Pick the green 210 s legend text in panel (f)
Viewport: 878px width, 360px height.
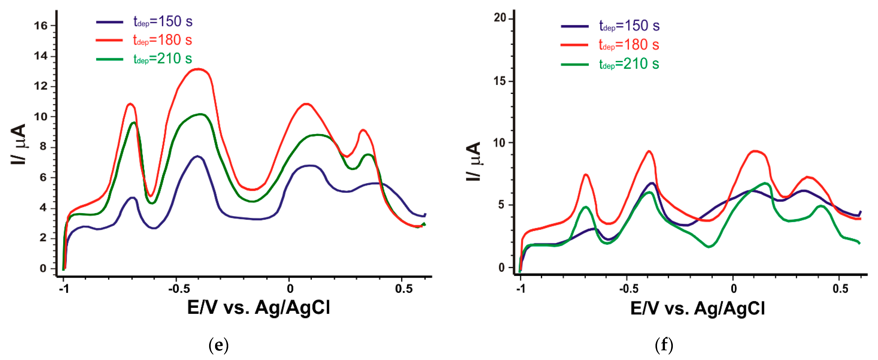(x=629, y=64)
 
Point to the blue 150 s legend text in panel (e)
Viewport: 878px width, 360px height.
(x=162, y=22)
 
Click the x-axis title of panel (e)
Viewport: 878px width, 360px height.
(x=258, y=307)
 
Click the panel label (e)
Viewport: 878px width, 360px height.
(x=218, y=345)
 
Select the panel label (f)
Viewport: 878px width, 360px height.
(x=664, y=345)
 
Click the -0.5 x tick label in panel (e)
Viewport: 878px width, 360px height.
(x=179, y=289)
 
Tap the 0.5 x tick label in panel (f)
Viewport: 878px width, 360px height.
(x=840, y=289)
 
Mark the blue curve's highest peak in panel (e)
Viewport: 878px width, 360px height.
(x=197, y=157)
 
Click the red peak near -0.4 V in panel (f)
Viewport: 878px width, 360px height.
(x=649, y=151)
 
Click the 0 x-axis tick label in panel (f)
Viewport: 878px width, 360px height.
(x=734, y=289)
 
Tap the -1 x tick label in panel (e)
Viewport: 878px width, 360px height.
(x=64, y=289)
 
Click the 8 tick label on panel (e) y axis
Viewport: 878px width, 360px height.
(x=43, y=147)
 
